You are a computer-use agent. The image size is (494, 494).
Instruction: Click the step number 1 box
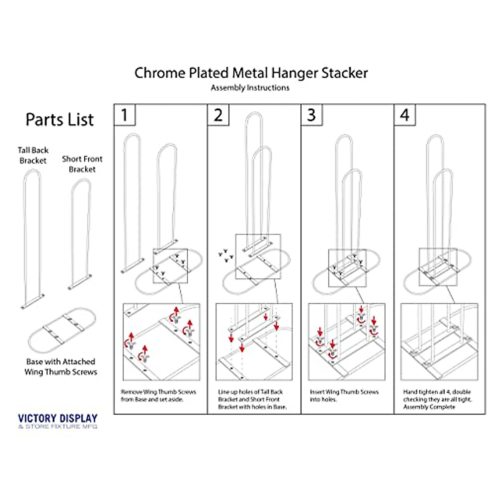(124, 115)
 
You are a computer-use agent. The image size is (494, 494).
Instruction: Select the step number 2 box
(218, 115)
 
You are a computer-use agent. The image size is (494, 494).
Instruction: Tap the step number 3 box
(312, 115)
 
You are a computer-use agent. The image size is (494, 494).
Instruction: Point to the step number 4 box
(405, 115)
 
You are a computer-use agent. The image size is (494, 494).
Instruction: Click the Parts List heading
(60, 120)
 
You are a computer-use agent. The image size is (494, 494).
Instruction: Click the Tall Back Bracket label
(33, 156)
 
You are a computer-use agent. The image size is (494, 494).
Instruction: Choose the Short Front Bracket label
(82, 164)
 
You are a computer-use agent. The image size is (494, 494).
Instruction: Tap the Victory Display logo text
(58, 419)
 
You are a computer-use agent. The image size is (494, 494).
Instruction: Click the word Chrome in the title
(160, 73)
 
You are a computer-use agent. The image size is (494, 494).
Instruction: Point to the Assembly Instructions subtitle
(250, 88)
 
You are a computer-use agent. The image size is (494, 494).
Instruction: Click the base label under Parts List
(61, 367)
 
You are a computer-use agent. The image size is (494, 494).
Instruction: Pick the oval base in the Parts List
(62, 329)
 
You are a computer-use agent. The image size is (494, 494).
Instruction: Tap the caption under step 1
(158, 396)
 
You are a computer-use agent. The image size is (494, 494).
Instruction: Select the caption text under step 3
(344, 396)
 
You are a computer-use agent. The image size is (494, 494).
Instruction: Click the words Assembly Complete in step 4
(429, 407)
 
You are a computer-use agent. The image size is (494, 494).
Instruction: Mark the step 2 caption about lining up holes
(252, 399)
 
